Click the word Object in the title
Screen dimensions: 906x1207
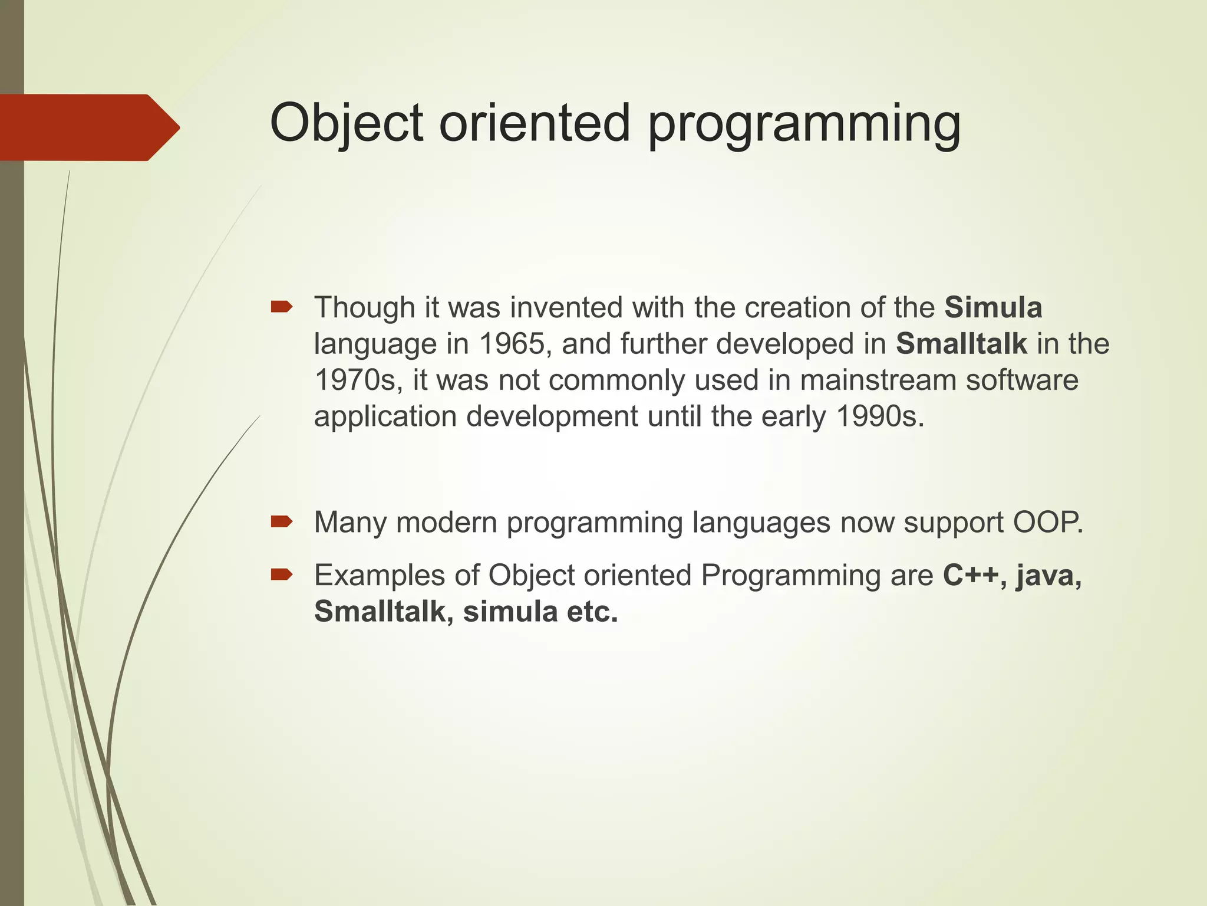pos(346,124)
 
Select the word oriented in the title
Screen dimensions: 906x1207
pos(534,124)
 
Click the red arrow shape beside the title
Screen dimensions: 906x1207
pos(88,127)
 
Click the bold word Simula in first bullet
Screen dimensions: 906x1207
pos(993,308)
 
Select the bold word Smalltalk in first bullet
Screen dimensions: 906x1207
pos(961,344)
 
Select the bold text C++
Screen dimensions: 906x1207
pos(974,575)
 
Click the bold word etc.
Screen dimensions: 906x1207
pos(592,612)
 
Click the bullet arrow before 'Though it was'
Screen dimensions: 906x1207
pos(281,307)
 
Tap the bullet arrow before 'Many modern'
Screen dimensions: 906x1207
pos(281,521)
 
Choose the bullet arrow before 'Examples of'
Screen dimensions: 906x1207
pos(281,575)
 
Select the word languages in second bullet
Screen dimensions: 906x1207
pos(761,523)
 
